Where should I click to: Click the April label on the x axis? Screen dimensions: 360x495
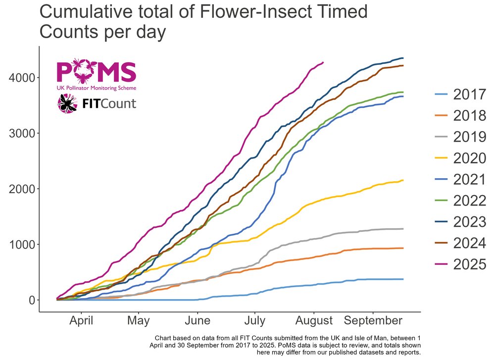82,320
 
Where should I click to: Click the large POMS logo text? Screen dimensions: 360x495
97,72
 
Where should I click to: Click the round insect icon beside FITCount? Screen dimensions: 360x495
67,103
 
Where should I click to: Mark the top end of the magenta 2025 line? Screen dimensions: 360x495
323,62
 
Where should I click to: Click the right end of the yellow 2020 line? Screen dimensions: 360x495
403,180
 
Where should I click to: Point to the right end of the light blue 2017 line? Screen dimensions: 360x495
403,279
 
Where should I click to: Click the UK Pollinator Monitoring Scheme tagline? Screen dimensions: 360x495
97,88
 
